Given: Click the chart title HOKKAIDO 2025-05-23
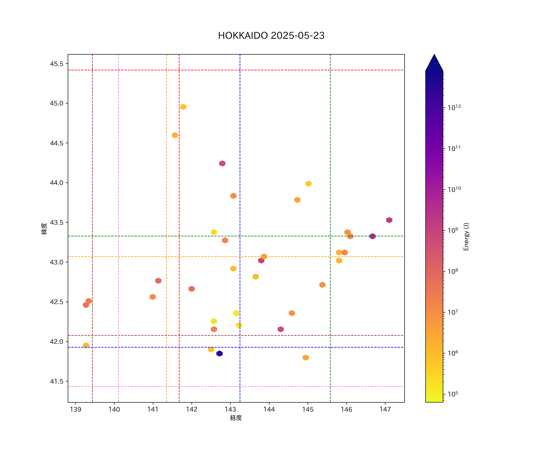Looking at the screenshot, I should [x=271, y=36].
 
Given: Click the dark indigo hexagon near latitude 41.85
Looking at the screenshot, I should [x=219, y=353].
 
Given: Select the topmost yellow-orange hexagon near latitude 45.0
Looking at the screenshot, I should [x=183, y=107].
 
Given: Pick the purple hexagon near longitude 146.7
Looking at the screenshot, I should [x=372, y=236].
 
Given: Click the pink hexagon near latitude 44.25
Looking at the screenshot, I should [x=222, y=163].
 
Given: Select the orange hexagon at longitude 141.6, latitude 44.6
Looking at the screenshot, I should [x=175, y=135].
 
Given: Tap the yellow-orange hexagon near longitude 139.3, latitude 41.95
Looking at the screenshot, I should [x=86, y=345].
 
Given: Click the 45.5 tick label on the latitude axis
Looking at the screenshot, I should [x=56, y=64].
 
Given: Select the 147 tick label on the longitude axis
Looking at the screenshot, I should [x=385, y=409].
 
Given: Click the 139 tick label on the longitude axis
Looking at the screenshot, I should [x=76, y=409].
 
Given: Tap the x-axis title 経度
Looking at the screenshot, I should [x=236, y=418].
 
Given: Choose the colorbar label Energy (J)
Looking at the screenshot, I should [x=466, y=237].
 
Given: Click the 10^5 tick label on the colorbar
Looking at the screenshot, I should [x=453, y=394].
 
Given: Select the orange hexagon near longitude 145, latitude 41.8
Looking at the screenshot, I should [x=306, y=358].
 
